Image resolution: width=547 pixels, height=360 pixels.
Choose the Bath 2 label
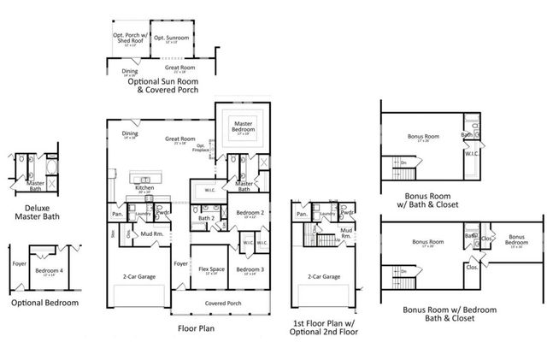pos(206,218)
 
